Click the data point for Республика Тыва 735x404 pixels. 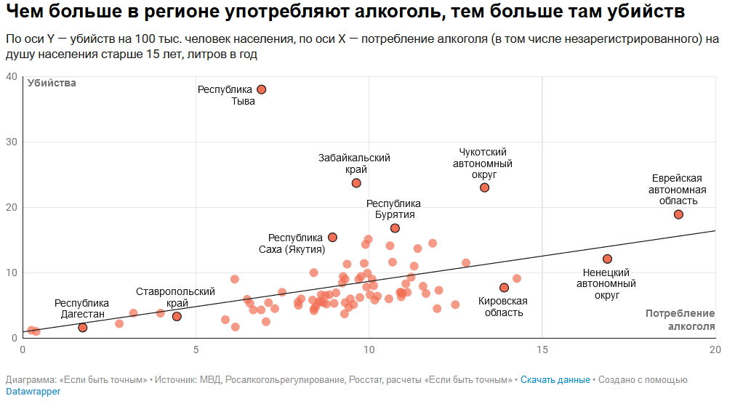262,89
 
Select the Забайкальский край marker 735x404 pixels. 356,183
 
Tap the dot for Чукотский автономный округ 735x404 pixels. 485,187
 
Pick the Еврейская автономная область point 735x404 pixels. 678,214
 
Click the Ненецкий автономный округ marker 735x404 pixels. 608,259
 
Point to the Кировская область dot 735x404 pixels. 504,288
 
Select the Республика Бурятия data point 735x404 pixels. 395,228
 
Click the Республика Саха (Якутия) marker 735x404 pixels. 332,237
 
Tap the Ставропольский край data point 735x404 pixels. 177,316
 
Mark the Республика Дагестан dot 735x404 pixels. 83,328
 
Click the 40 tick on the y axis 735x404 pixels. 11,76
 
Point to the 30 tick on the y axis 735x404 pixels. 11,142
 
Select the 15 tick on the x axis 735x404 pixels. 542,350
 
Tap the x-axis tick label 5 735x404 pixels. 196,350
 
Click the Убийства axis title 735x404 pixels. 52,84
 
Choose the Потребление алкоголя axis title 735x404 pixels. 680,320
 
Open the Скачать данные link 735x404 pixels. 555,379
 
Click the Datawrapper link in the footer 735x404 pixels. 33,391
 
